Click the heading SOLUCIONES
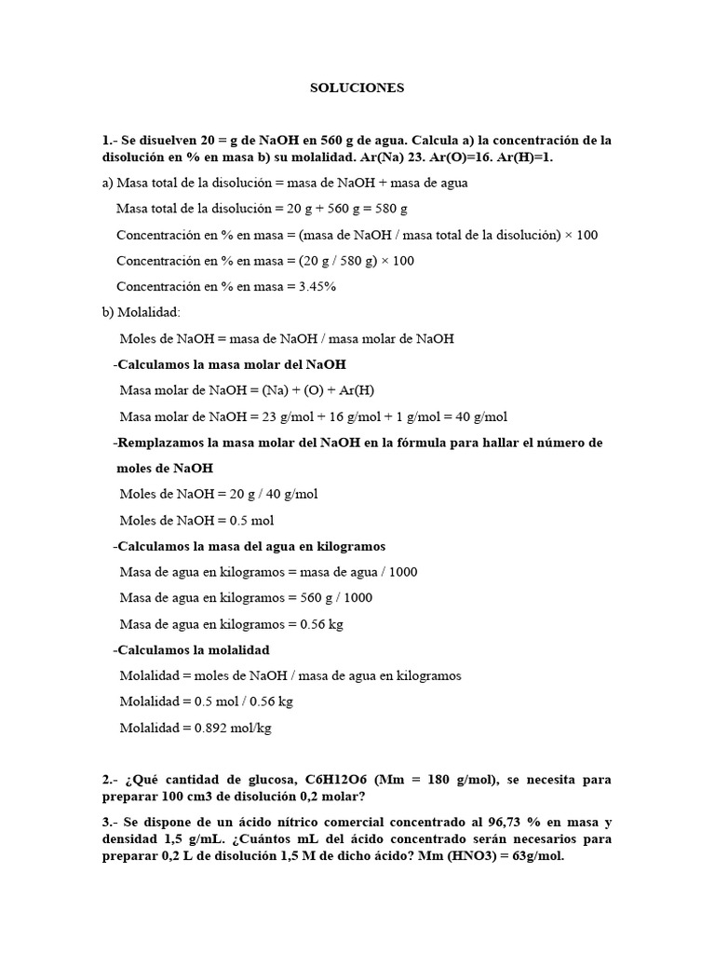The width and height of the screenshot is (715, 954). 357,89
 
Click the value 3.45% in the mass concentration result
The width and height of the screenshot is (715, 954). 317,287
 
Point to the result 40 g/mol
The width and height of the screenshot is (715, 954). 482,416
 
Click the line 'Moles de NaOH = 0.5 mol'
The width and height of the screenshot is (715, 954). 196,521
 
